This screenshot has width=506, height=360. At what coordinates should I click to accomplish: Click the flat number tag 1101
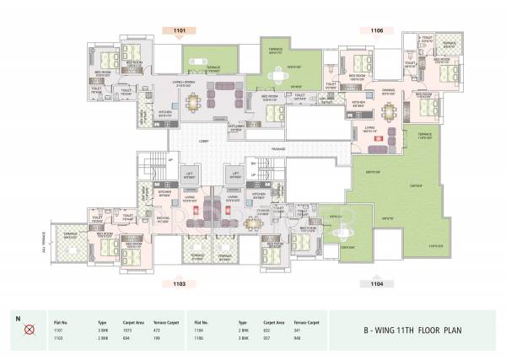click(x=179, y=31)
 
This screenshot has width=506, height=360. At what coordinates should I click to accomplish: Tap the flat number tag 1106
click(x=376, y=31)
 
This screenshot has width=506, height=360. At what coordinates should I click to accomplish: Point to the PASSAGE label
click(x=277, y=149)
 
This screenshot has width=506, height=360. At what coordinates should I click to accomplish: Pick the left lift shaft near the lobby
click(x=190, y=178)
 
